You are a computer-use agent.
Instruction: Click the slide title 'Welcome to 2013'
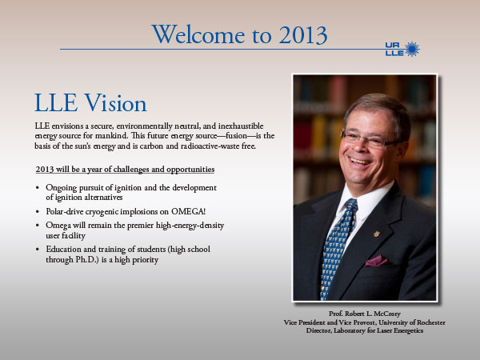coord(239,34)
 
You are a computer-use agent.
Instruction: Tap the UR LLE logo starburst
coord(412,49)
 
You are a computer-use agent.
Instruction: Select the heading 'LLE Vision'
coord(90,103)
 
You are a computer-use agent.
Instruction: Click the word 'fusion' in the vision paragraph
coord(236,136)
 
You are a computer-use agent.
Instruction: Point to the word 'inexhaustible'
coord(241,126)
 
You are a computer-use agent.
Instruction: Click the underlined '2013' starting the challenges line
coord(45,170)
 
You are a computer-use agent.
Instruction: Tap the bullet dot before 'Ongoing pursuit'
coord(38,188)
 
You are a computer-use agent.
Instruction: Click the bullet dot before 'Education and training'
coord(38,250)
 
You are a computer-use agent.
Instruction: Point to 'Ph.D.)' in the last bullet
coord(87,259)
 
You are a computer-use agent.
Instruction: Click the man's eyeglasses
coord(370,139)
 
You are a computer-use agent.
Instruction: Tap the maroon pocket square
coord(377,261)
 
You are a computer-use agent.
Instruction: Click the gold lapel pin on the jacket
coord(377,234)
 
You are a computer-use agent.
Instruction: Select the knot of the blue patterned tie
coord(351,206)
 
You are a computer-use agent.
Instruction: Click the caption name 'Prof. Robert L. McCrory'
coord(365,314)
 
